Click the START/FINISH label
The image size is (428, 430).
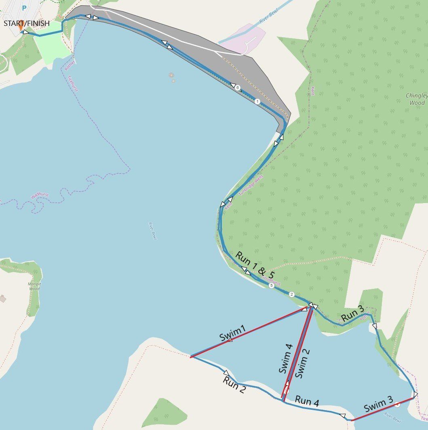27,23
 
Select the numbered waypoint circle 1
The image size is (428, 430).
257,102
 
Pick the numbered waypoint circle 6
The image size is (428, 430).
238,87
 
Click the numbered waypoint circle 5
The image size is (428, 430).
271,285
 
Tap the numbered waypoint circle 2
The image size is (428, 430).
292,294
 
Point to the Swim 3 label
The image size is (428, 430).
378,405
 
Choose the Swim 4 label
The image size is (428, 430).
286,358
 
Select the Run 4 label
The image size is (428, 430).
307,401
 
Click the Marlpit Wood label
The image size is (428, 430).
34,286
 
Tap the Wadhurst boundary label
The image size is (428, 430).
40,196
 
